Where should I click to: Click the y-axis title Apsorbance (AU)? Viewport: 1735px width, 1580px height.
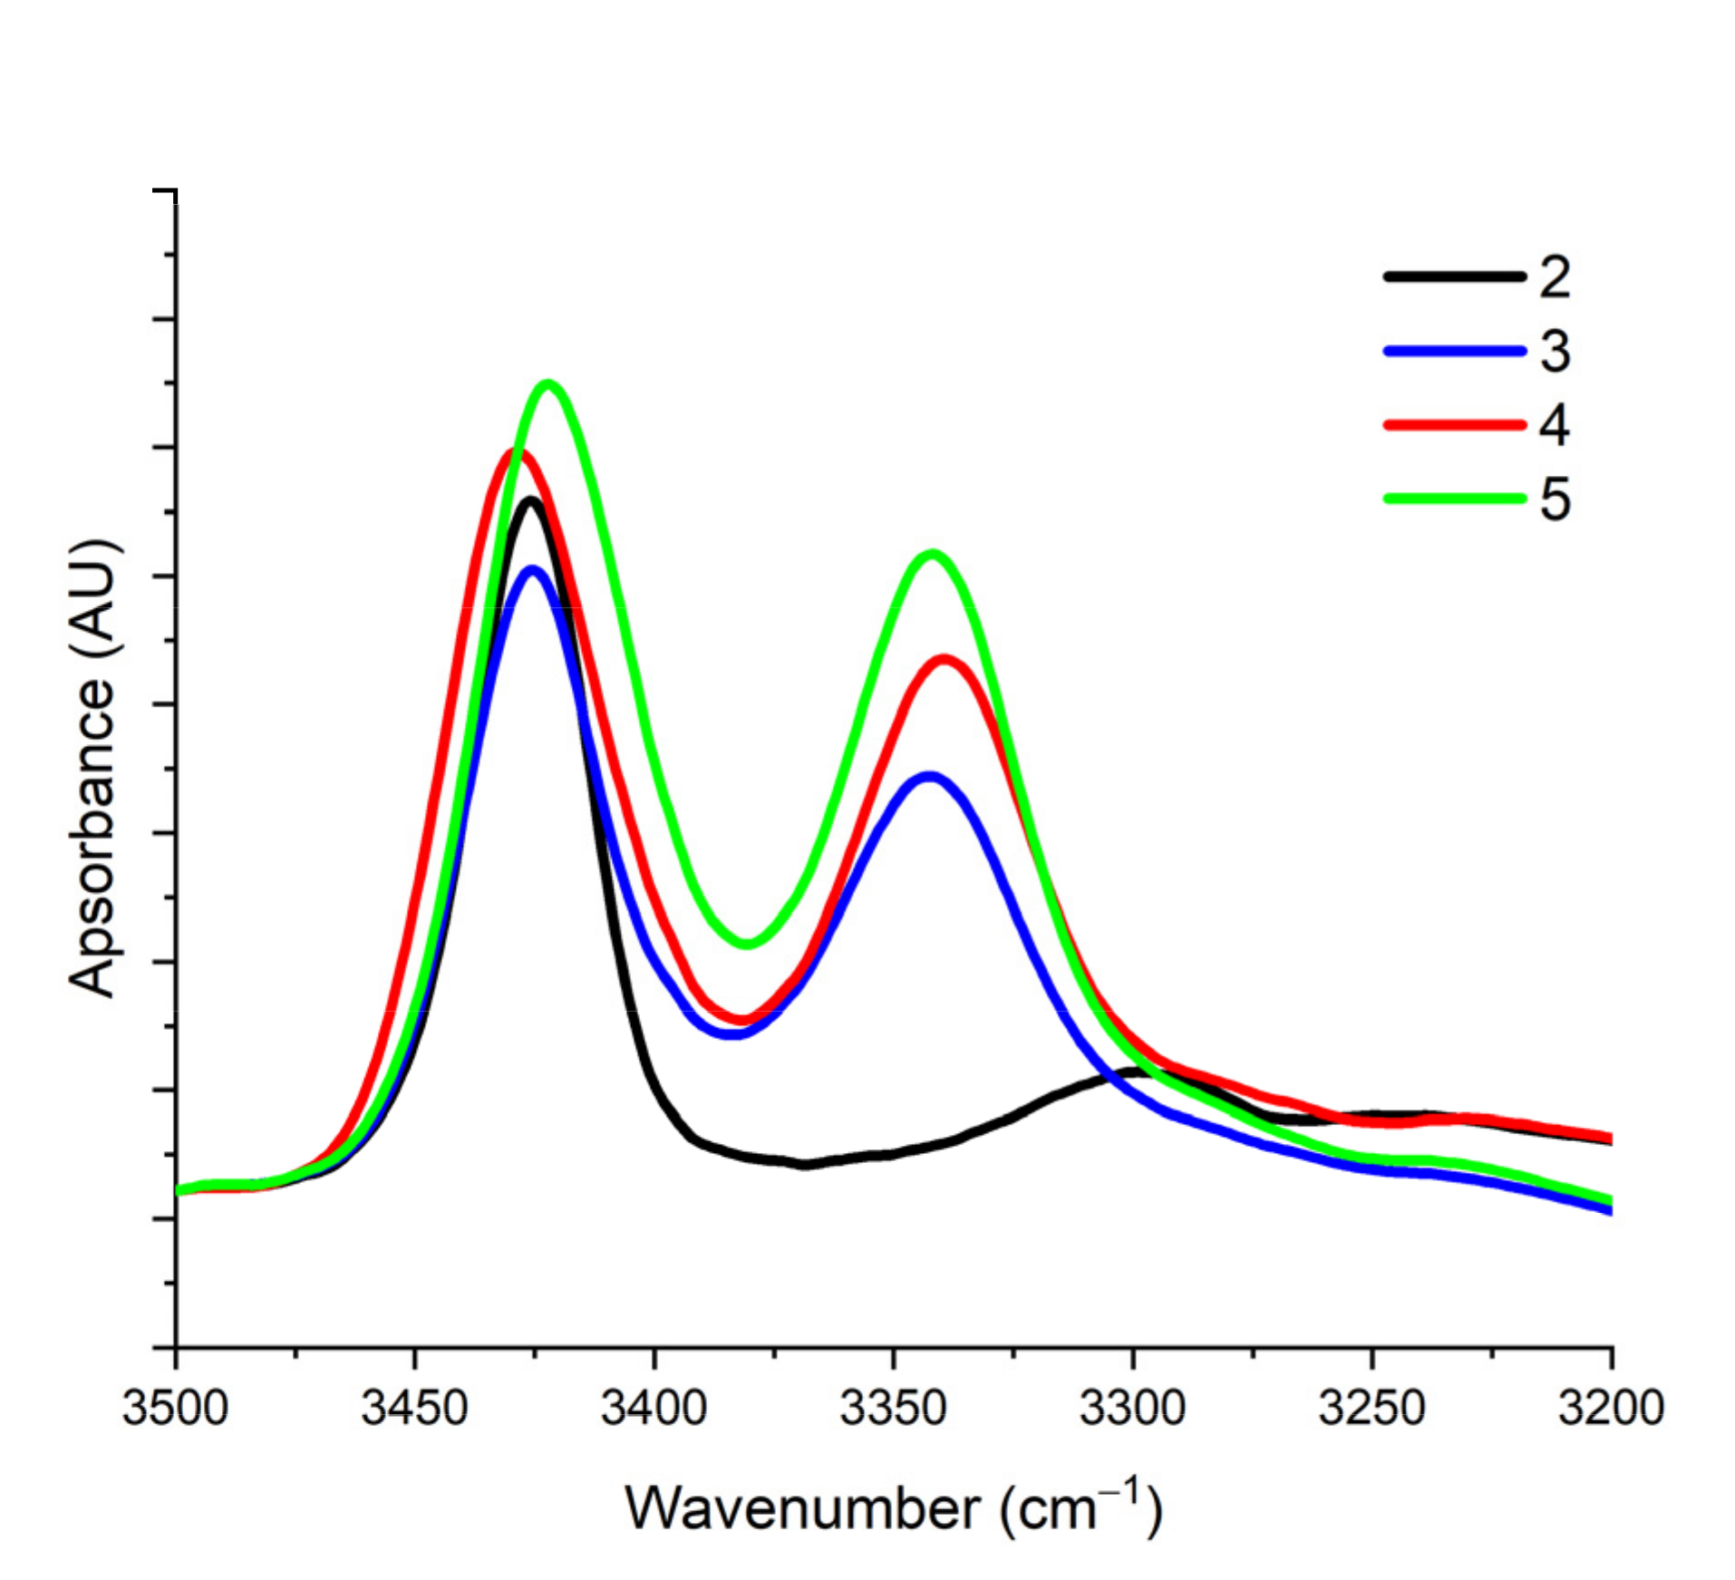coord(93,769)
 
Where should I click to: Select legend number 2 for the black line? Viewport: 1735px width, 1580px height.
coord(1555,277)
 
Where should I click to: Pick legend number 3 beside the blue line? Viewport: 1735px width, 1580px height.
coord(1555,351)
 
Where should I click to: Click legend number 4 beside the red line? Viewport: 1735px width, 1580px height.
coord(1555,424)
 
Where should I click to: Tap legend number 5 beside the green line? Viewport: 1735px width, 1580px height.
coord(1555,499)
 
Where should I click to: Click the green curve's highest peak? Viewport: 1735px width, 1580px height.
coord(548,384)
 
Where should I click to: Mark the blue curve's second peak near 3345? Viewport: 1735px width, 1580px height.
coord(929,777)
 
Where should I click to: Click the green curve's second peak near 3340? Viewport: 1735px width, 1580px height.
coord(932,554)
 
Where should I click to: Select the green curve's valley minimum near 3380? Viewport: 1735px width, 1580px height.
coord(747,944)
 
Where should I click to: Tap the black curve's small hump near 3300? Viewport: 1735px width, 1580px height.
coord(1138,1071)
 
